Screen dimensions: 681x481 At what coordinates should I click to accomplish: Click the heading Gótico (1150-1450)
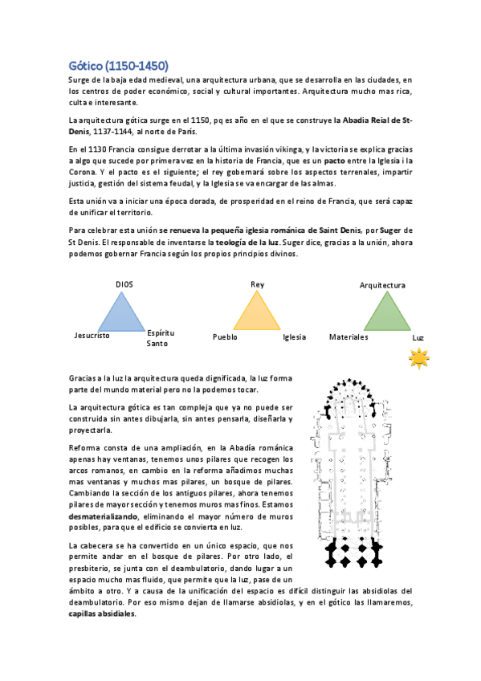click(x=117, y=65)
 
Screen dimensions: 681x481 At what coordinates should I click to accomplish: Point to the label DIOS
click(x=124, y=284)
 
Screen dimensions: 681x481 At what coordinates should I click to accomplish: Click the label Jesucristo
click(x=91, y=336)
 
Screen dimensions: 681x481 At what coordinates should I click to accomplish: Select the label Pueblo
click(x=225, y=337)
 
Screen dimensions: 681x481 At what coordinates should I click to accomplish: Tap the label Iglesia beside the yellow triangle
click(x=295, y=337)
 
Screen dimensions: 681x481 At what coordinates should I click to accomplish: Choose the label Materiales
click(x=349, y=337)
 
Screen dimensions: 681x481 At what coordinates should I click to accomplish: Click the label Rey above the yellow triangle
click(x=257, y=284)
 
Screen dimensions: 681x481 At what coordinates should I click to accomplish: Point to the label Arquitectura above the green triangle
click(x=382, y=285)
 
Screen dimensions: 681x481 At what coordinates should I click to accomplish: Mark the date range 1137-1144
click(x=113, y=131)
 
